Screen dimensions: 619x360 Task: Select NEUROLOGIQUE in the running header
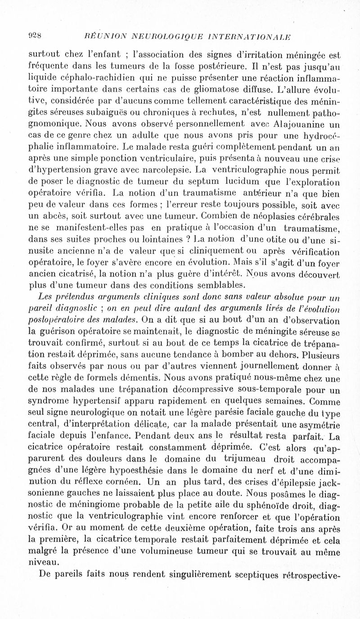(165, 36)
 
